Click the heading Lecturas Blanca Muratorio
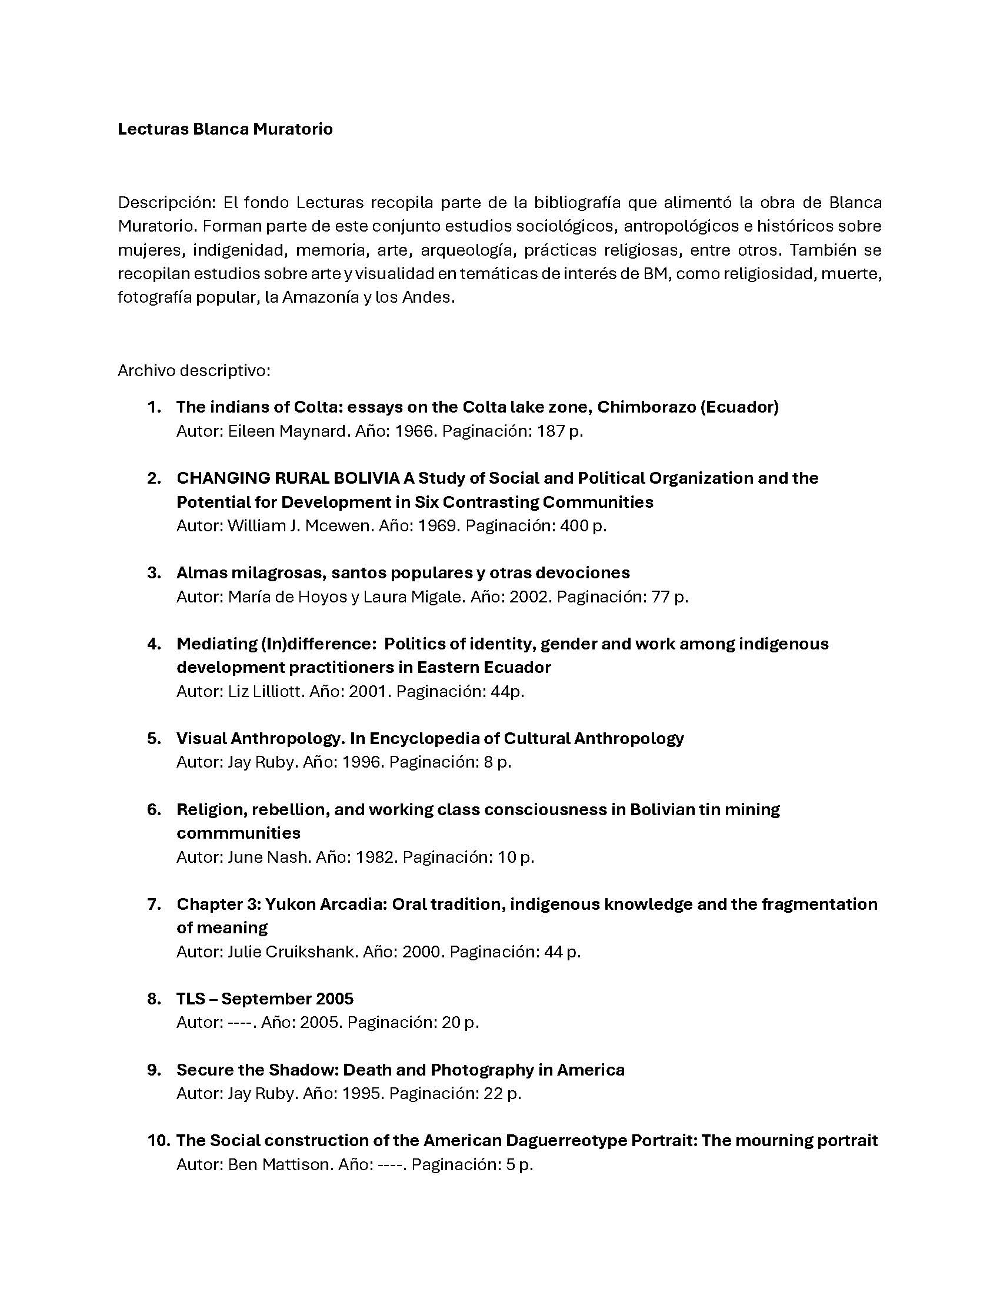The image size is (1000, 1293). coord(225,129)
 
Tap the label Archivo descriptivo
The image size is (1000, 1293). coord(194,371)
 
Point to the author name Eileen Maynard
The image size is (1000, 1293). coord(286,431)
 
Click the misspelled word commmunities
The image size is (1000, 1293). coord(238,833)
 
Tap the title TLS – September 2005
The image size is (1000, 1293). coord(265,999)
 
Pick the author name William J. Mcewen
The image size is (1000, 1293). coord(299,526)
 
